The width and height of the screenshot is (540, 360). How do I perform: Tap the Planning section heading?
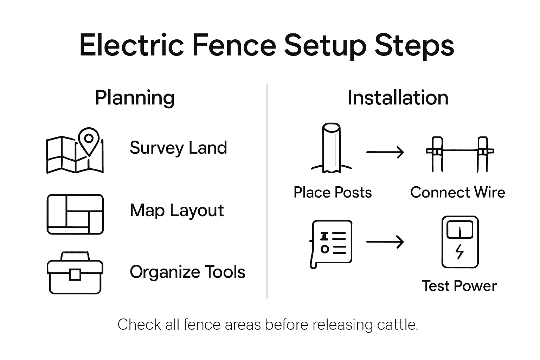pos(135,98)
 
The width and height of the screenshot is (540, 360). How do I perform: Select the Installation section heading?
pos(398,98)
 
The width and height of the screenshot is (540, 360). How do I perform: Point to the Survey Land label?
pos(178,148)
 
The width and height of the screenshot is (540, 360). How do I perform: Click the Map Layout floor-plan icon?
pos(75,214)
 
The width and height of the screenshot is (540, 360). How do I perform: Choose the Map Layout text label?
pos(176,211)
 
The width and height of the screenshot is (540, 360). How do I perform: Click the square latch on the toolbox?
pos(75,275)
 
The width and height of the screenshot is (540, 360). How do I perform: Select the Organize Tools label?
pos(187,272)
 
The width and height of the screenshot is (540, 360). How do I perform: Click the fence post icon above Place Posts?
pos(331,148)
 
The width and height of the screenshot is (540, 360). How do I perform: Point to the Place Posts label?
pos(333,192)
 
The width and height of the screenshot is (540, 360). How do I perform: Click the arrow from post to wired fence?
pos(385,152)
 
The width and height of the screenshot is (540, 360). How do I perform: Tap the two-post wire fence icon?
pos(460,154)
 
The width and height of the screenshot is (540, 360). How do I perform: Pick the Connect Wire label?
pos(457,192)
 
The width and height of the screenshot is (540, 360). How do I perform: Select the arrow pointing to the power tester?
pos(385,242)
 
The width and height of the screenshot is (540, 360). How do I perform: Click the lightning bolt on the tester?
pos(459,252)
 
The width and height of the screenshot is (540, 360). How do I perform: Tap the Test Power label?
pos(459,286)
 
